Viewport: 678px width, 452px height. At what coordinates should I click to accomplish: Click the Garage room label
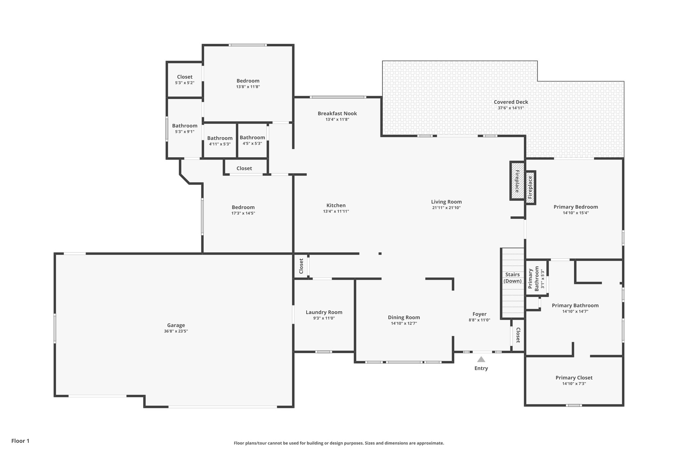(x=176, y=325)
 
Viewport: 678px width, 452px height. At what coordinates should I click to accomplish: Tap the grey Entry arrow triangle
(x=481, y=359)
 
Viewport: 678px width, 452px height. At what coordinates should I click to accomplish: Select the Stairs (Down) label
(x=512, y=278)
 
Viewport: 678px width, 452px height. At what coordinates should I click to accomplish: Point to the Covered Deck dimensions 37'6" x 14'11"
(x=511, y=108)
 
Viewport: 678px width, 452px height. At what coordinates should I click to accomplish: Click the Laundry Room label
(x=324, y=312)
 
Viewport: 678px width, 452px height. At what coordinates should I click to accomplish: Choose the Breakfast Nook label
(x=337, y=114)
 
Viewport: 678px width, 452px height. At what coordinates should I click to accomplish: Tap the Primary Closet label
(x=574, y=378)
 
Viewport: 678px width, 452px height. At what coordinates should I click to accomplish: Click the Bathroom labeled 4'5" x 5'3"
(x=252, y=138)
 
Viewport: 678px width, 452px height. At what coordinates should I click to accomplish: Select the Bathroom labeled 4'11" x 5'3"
(x=220, y=138)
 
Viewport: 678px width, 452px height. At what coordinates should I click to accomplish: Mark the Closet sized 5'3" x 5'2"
(x=184, y=77)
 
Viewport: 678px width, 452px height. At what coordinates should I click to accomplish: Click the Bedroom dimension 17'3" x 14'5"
(x=243, y=213)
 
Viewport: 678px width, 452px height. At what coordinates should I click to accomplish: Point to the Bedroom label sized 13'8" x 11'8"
(x=248, y=81)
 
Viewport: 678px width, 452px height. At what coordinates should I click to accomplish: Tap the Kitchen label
(x=336, y=206)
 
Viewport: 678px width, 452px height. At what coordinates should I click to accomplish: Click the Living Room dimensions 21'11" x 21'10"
(x=446, y=208)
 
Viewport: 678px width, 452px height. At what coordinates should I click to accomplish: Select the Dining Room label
(x=404, y=318)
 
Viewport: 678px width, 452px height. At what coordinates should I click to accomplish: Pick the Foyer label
(x=479, y=314)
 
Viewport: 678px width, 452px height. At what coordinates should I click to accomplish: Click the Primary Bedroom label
(x=575, y=207)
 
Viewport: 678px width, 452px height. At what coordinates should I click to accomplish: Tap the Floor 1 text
(x=20, y=441)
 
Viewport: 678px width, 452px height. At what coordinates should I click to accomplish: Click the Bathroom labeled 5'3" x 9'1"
(x=184, y=126)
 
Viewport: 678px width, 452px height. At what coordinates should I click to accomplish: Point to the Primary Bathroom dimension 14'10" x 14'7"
(x=575, y=311)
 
